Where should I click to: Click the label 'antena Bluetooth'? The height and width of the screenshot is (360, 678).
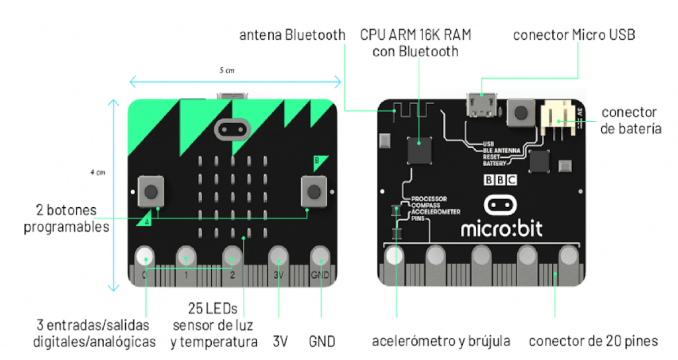(x=292, y=35)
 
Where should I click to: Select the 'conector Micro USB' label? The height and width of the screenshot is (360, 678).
(x=574, y=35)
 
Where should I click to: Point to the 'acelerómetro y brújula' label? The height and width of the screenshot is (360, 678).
(x=441, y=341)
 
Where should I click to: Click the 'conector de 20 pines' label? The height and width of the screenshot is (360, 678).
(x=593, y=341)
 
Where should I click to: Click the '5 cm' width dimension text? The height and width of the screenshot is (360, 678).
(x=228, y=70)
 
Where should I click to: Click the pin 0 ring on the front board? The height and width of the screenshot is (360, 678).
(x=144, y=256)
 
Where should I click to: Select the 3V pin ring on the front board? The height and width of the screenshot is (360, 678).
(x=278, y=256)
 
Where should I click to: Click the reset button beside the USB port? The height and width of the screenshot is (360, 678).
(x=520, y=112)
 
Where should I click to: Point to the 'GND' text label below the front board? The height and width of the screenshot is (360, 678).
(x=322, y=341)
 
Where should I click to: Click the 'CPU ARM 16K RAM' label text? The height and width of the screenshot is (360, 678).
(x=415, y=35)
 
